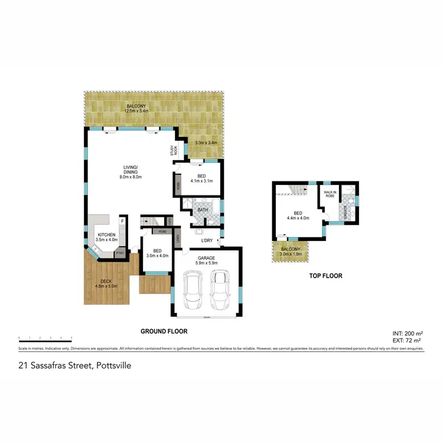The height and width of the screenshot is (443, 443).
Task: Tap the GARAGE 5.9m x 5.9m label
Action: pos(206,259)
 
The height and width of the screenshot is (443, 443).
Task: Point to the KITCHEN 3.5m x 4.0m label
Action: pos(108,237)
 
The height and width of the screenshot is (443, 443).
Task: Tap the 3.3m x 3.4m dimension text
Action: pos(207,142)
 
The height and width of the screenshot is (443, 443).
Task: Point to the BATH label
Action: pos(203,210)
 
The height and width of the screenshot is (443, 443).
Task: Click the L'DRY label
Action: pos(207,240)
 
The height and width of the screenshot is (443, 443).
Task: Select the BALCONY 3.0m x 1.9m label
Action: pos(290,252)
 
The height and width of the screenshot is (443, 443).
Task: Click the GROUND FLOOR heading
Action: pos(163,331)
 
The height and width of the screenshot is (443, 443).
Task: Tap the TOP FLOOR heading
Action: pos(326,276)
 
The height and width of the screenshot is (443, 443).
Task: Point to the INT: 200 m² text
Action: pos(406,334)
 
